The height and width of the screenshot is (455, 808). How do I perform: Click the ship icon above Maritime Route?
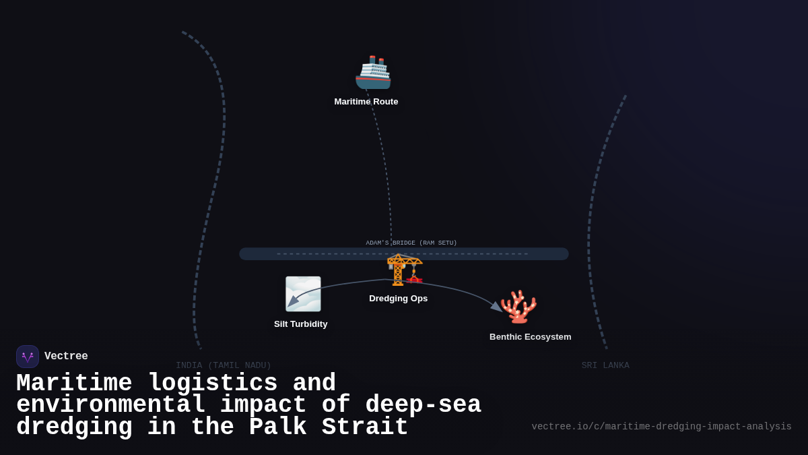[373, 73]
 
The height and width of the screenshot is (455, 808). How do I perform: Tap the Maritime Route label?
[366, 102]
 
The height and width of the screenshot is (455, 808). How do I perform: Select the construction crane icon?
[404, 270]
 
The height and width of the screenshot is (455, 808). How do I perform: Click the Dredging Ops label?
[398, 299]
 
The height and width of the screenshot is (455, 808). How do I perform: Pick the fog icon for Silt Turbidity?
[303, 294]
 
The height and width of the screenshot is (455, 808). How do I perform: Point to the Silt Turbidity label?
[300, 324]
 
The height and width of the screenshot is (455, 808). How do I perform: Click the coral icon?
[518, 307]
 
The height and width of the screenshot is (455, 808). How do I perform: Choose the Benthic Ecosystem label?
[530, 337]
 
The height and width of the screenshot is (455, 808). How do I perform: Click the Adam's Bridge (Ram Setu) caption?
[411, 243]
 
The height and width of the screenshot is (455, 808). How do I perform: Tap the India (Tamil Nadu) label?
[224, 365]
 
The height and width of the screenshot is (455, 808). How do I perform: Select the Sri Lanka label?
[605, 365]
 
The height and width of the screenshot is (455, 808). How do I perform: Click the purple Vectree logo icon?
[28, 357]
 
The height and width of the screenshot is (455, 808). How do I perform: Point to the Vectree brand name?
[66, 357]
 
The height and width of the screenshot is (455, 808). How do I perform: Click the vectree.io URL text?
[661, 427]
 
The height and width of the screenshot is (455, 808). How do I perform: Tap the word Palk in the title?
[277, 427]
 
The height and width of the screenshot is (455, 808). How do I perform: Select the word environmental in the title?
[111, 405]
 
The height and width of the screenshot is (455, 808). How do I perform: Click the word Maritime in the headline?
[74, 384]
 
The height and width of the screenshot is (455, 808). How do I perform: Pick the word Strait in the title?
[365, 427]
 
